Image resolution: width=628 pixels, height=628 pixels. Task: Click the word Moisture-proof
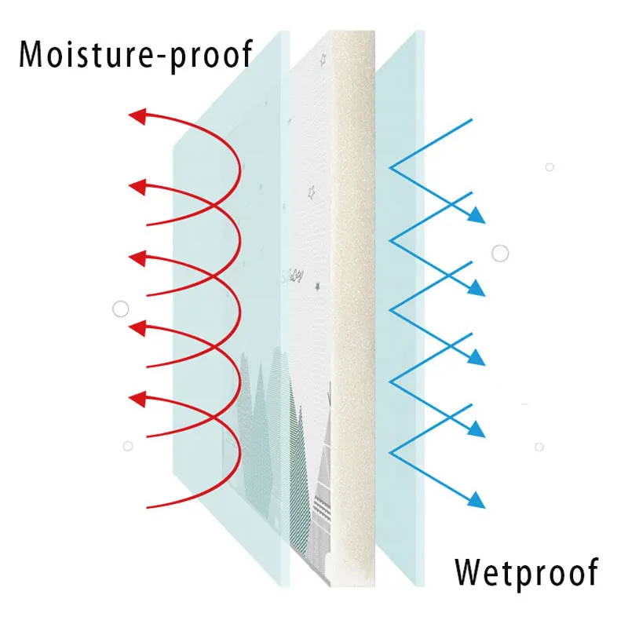[135, 55]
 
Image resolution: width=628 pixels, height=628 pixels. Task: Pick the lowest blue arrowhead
[476, 499]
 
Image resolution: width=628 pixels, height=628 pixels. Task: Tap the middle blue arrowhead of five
[476, 359]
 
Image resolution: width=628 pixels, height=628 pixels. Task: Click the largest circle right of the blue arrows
[500, 253]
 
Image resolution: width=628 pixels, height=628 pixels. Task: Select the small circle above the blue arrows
[549, 166]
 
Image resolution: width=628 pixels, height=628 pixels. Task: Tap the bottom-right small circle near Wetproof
[539, 447]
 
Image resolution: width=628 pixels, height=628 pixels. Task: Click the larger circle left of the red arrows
[120, 309]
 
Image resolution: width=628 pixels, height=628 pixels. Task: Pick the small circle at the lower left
[128, 446]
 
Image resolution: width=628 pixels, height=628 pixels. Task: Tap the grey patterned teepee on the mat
[327, 502]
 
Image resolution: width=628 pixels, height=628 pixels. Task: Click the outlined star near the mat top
[311, 192]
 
